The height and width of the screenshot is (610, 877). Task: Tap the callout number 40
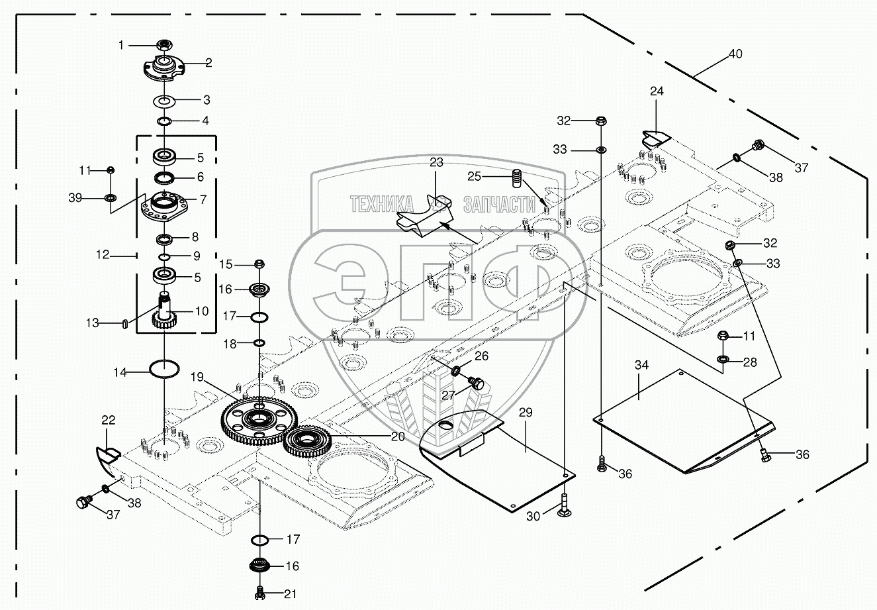click(x=735, y=55)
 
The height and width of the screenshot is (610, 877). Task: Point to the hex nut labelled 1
click(x=163, y=45)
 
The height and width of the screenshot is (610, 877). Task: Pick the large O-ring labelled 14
click(x=164, y=368)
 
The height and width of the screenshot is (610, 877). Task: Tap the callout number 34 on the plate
click(x=641, y=366)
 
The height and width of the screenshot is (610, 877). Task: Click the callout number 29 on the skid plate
click(x=526, y=413)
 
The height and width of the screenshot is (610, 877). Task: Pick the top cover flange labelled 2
click(x=162, y=69)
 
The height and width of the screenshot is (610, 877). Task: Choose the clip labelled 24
click(x=655, y=138)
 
